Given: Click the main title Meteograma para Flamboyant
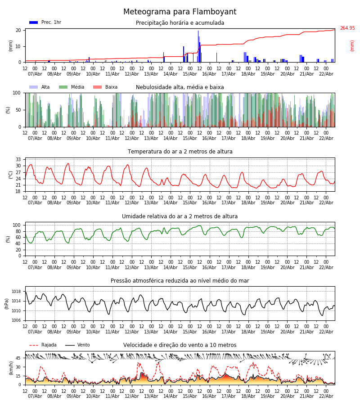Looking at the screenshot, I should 180,12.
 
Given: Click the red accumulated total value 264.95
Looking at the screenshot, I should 347,28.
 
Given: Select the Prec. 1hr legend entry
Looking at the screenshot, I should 45,22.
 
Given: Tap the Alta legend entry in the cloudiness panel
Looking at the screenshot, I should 40,87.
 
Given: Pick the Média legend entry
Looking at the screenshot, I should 72,87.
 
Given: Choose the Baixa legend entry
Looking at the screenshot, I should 105,87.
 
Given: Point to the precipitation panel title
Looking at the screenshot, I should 180,23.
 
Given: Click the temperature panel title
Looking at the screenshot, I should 180,152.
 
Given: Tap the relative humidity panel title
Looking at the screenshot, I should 180,216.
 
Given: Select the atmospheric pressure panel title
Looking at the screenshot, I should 180,281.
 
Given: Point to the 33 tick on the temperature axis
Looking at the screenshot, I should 18,160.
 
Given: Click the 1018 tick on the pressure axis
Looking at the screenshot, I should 16,292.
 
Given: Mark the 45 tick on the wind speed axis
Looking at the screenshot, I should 18,358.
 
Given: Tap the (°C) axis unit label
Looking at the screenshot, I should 11,175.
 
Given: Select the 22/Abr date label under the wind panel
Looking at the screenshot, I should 326,396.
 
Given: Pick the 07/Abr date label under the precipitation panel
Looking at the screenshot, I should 35,74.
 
